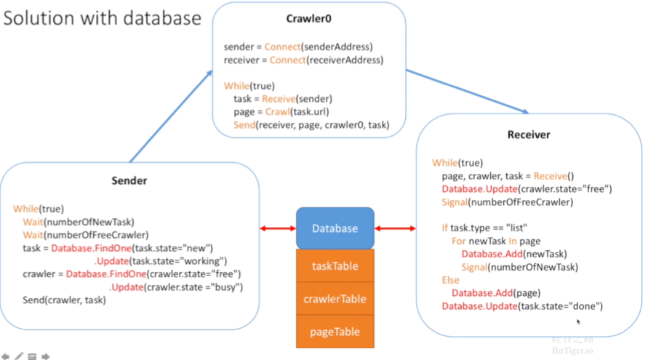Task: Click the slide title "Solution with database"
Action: point(103,17)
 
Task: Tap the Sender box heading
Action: point(129,180)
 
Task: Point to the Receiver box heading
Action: point(529,135)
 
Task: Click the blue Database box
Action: point(335,228)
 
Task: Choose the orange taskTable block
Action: point(335,266)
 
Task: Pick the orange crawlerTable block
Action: point(335,299)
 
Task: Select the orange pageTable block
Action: point(335,332)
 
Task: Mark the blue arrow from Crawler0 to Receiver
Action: point(466,91)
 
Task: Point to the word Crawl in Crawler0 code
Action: point(276,112)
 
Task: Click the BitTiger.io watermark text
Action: point(572,351)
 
